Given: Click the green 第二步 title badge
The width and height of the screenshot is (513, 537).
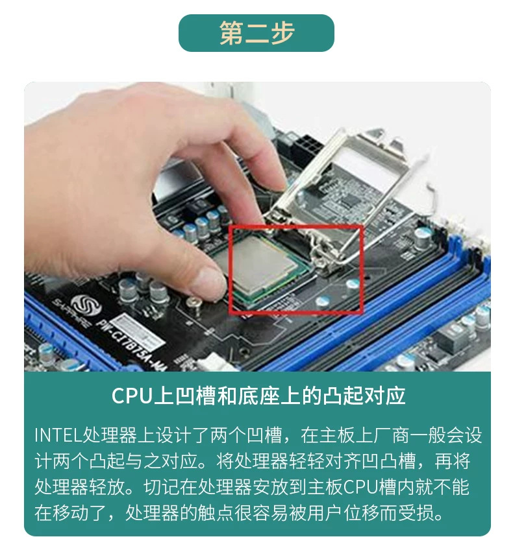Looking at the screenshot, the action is click(x=256, y=33).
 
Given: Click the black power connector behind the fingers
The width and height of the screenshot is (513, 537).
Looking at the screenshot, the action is click(x=304, y=147).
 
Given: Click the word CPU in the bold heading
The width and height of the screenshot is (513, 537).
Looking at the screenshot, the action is click(x=132, y=396).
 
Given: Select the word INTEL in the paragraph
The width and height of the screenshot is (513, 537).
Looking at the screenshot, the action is click(x=57, y=436).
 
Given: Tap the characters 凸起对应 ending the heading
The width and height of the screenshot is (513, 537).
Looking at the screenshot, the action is click(x=365, y=396).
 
